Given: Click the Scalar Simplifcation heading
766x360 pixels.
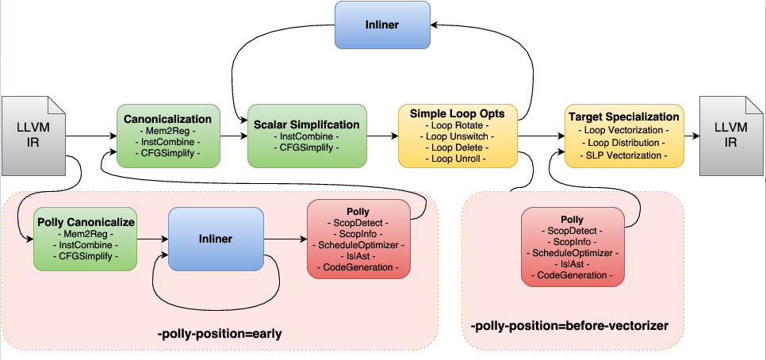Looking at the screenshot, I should pos(307,124).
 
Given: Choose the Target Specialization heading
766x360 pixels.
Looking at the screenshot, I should pos(623,117).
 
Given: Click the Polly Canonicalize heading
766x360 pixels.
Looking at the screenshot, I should pos(84,222).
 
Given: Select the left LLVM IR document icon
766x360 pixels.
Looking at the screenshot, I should pos(34,136).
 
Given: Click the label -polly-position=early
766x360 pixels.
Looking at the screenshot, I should pos(220,334).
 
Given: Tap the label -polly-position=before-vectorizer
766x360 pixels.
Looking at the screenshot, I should pos(569,326).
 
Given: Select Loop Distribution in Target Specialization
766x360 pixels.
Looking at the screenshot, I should pos(623,142).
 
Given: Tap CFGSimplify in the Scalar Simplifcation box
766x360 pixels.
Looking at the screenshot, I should pos(307,147).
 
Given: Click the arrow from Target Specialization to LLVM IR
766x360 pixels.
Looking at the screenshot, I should pos(691,136).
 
